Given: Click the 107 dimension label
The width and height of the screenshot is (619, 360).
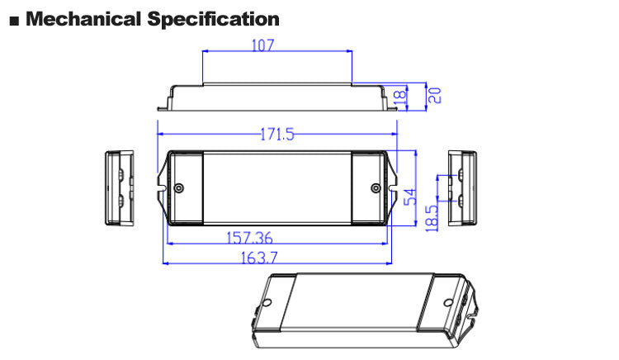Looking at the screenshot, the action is [262, 45].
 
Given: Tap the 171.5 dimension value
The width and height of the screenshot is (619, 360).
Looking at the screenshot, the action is [277, 135].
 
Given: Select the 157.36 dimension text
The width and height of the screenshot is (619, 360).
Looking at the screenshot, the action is [249, 238].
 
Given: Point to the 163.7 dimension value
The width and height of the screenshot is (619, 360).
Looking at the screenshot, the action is [259, 258].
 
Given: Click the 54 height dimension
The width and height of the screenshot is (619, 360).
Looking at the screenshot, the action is [410, 197].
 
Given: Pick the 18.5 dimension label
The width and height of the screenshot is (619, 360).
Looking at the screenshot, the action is [432, 218].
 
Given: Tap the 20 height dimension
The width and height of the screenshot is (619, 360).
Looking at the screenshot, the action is [435, 96].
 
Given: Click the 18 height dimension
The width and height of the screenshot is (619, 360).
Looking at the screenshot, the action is [400, 97].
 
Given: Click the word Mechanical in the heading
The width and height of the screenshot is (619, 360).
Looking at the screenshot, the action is [83, 19].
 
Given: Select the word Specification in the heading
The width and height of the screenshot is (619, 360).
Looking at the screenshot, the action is [213, 19].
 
